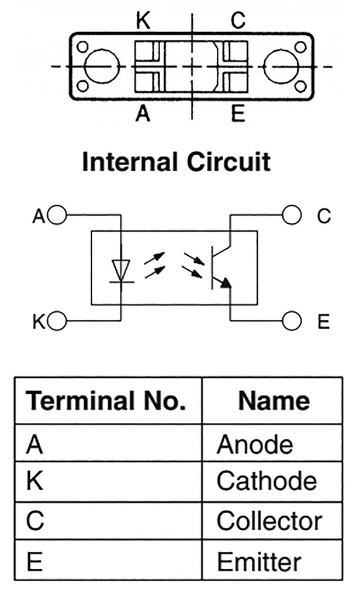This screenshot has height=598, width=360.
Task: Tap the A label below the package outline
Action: (x=143, y=113)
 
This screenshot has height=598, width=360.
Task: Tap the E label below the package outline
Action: (x=237, y=113)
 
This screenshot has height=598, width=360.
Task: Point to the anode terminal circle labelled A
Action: (x=58, y=215)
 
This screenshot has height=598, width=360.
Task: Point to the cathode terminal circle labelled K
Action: (x=58, y=320)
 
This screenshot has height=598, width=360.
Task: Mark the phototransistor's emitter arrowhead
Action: (x=226, y=283)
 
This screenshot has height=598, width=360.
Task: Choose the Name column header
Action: (x=274, y=401)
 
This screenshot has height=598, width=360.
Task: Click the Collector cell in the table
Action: (x=269, y=521)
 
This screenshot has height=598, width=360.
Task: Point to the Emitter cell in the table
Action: (x=259, y=561)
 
